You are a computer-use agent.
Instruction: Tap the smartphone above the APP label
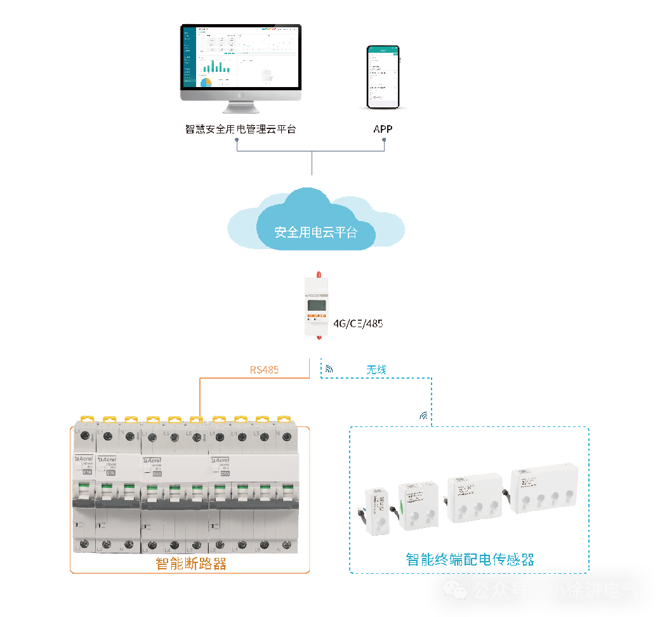tap(384, 77)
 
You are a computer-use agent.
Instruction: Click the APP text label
tap(383, 129)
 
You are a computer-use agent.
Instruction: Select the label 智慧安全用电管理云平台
tap(241, 129)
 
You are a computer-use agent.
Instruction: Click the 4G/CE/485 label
tap(358, 323)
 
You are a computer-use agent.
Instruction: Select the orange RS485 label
tap(264, 369)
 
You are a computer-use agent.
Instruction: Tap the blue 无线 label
tap(376, 369)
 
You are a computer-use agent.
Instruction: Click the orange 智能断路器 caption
tap(191, 564)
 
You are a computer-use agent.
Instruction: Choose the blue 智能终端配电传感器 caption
tap(470, 560)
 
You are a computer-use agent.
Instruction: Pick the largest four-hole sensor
tap(545, 488)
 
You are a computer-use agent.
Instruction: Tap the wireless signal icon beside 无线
tap(329, 369)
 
